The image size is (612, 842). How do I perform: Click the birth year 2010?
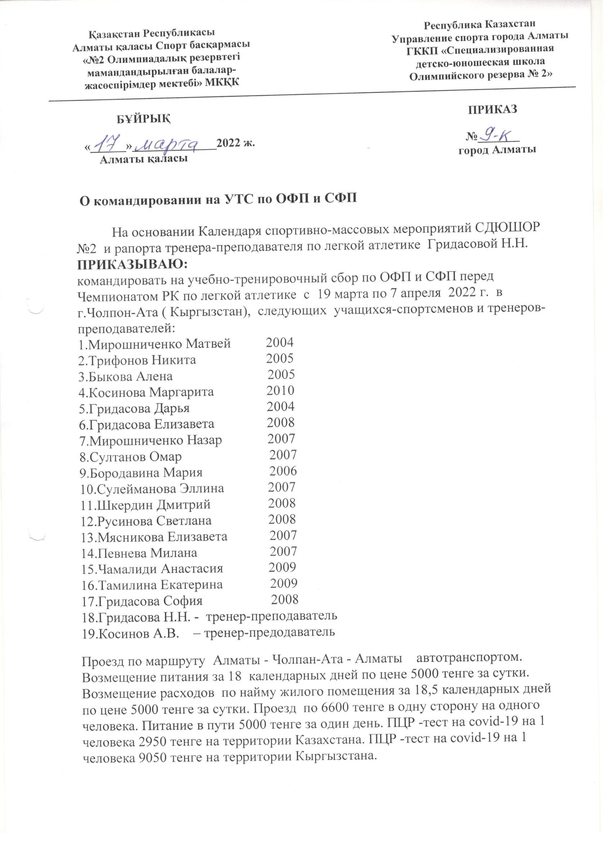pos(280,390)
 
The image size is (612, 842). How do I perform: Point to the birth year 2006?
pos(283,471)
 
